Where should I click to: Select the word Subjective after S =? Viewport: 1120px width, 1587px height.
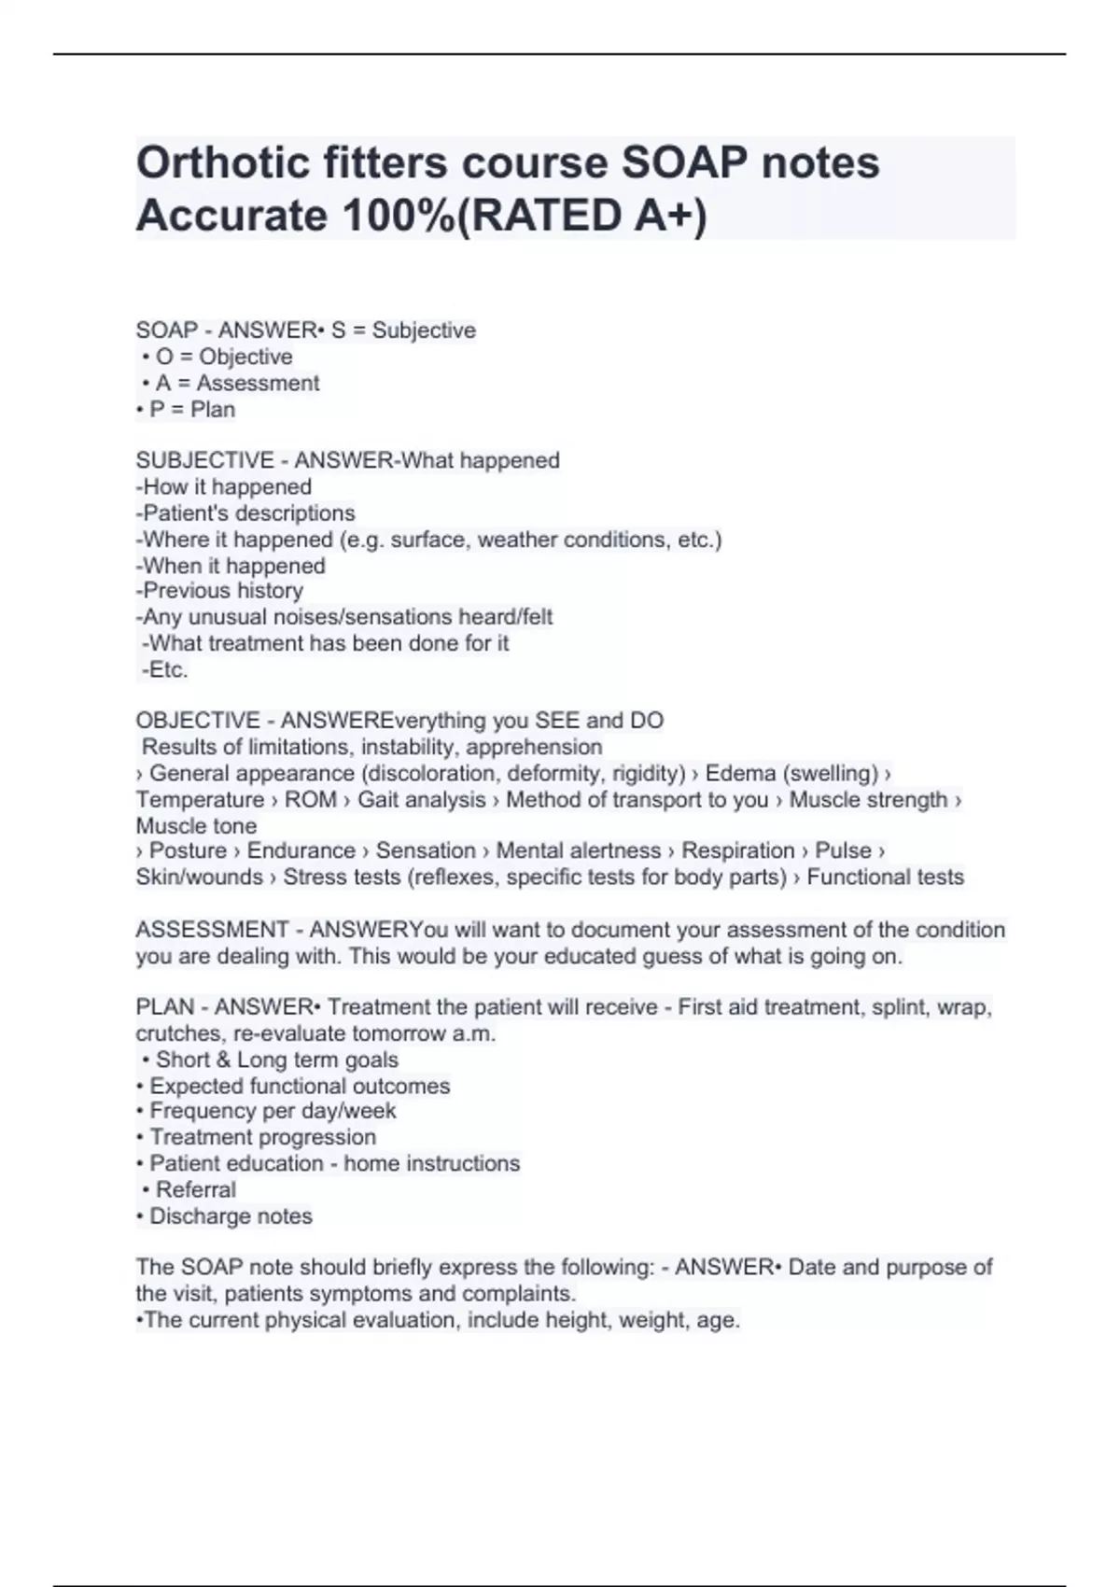[424, 330]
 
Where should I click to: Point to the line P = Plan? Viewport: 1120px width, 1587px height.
[186, 410]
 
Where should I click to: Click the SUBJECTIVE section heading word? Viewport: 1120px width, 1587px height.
[204, 460]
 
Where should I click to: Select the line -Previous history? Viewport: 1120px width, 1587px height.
[220, 591]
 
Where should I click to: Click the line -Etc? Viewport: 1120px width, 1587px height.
[165, 669]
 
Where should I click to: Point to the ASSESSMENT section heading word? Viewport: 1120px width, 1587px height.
[212, 930]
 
